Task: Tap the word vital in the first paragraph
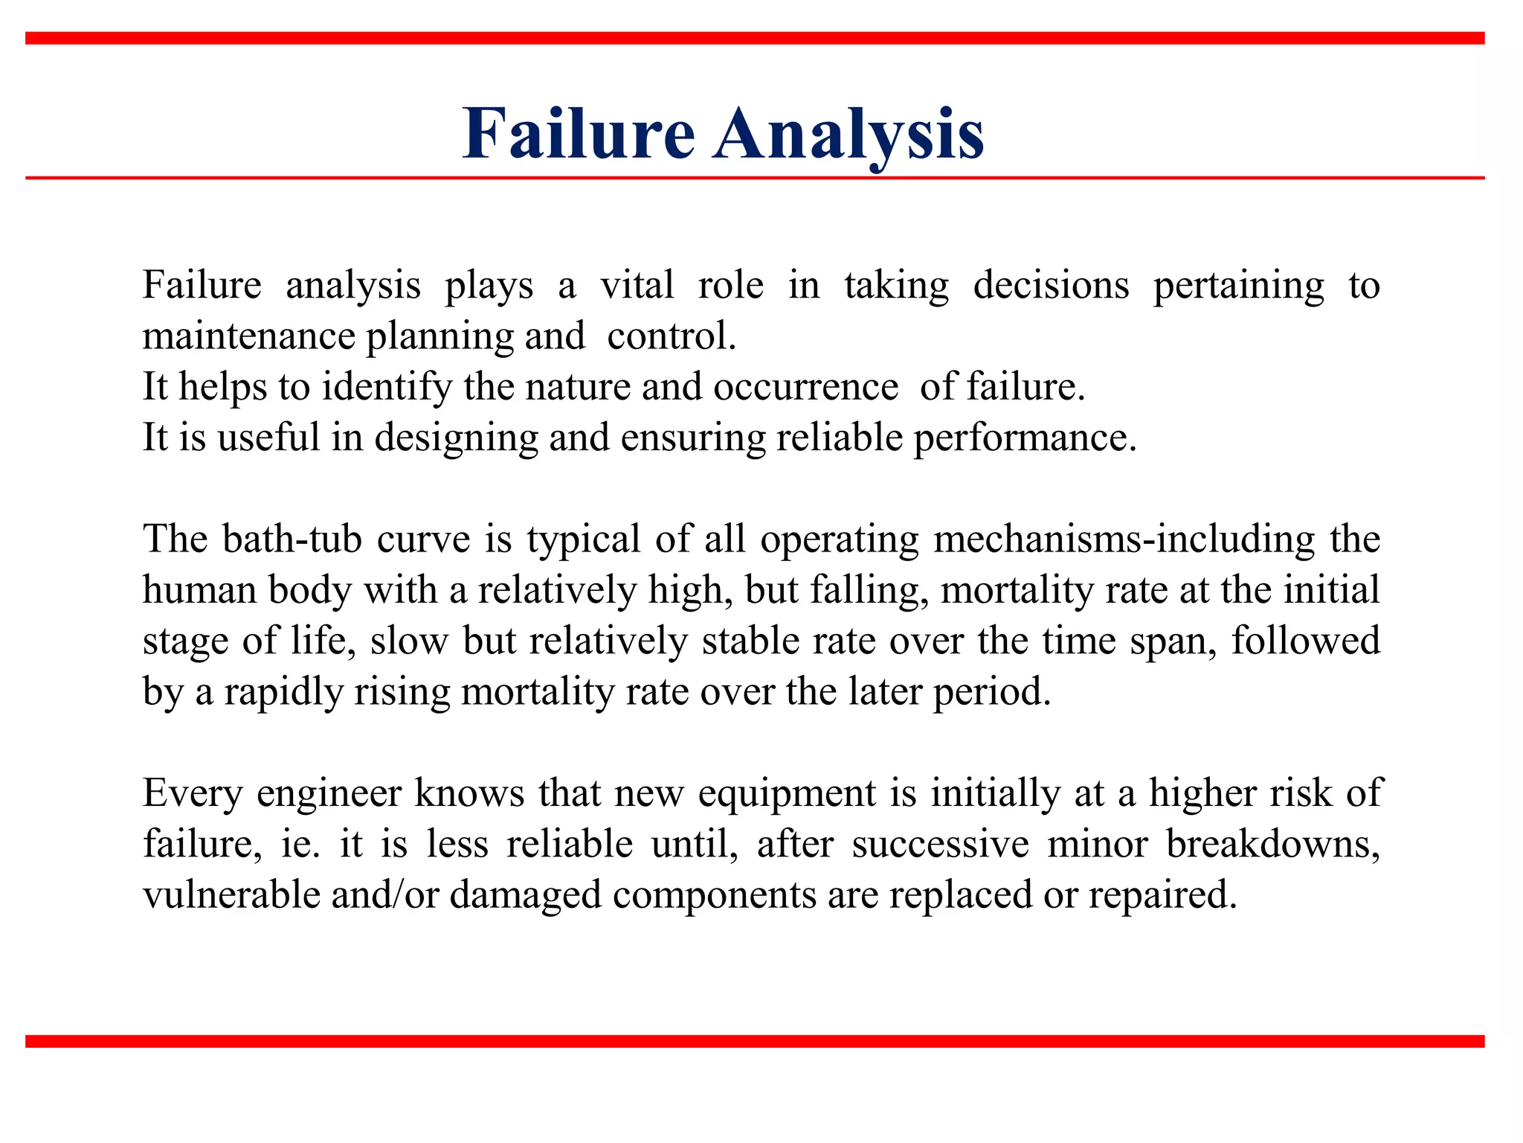point(637,285)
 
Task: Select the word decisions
point(1051,285)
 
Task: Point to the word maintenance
point(248,336)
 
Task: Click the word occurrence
point(805,387)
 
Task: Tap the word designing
point(456,438)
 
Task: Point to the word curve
point(423,540)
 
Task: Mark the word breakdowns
point(1272,844)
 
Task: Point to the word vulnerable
point(231,894)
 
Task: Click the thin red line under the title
point(754,179)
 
